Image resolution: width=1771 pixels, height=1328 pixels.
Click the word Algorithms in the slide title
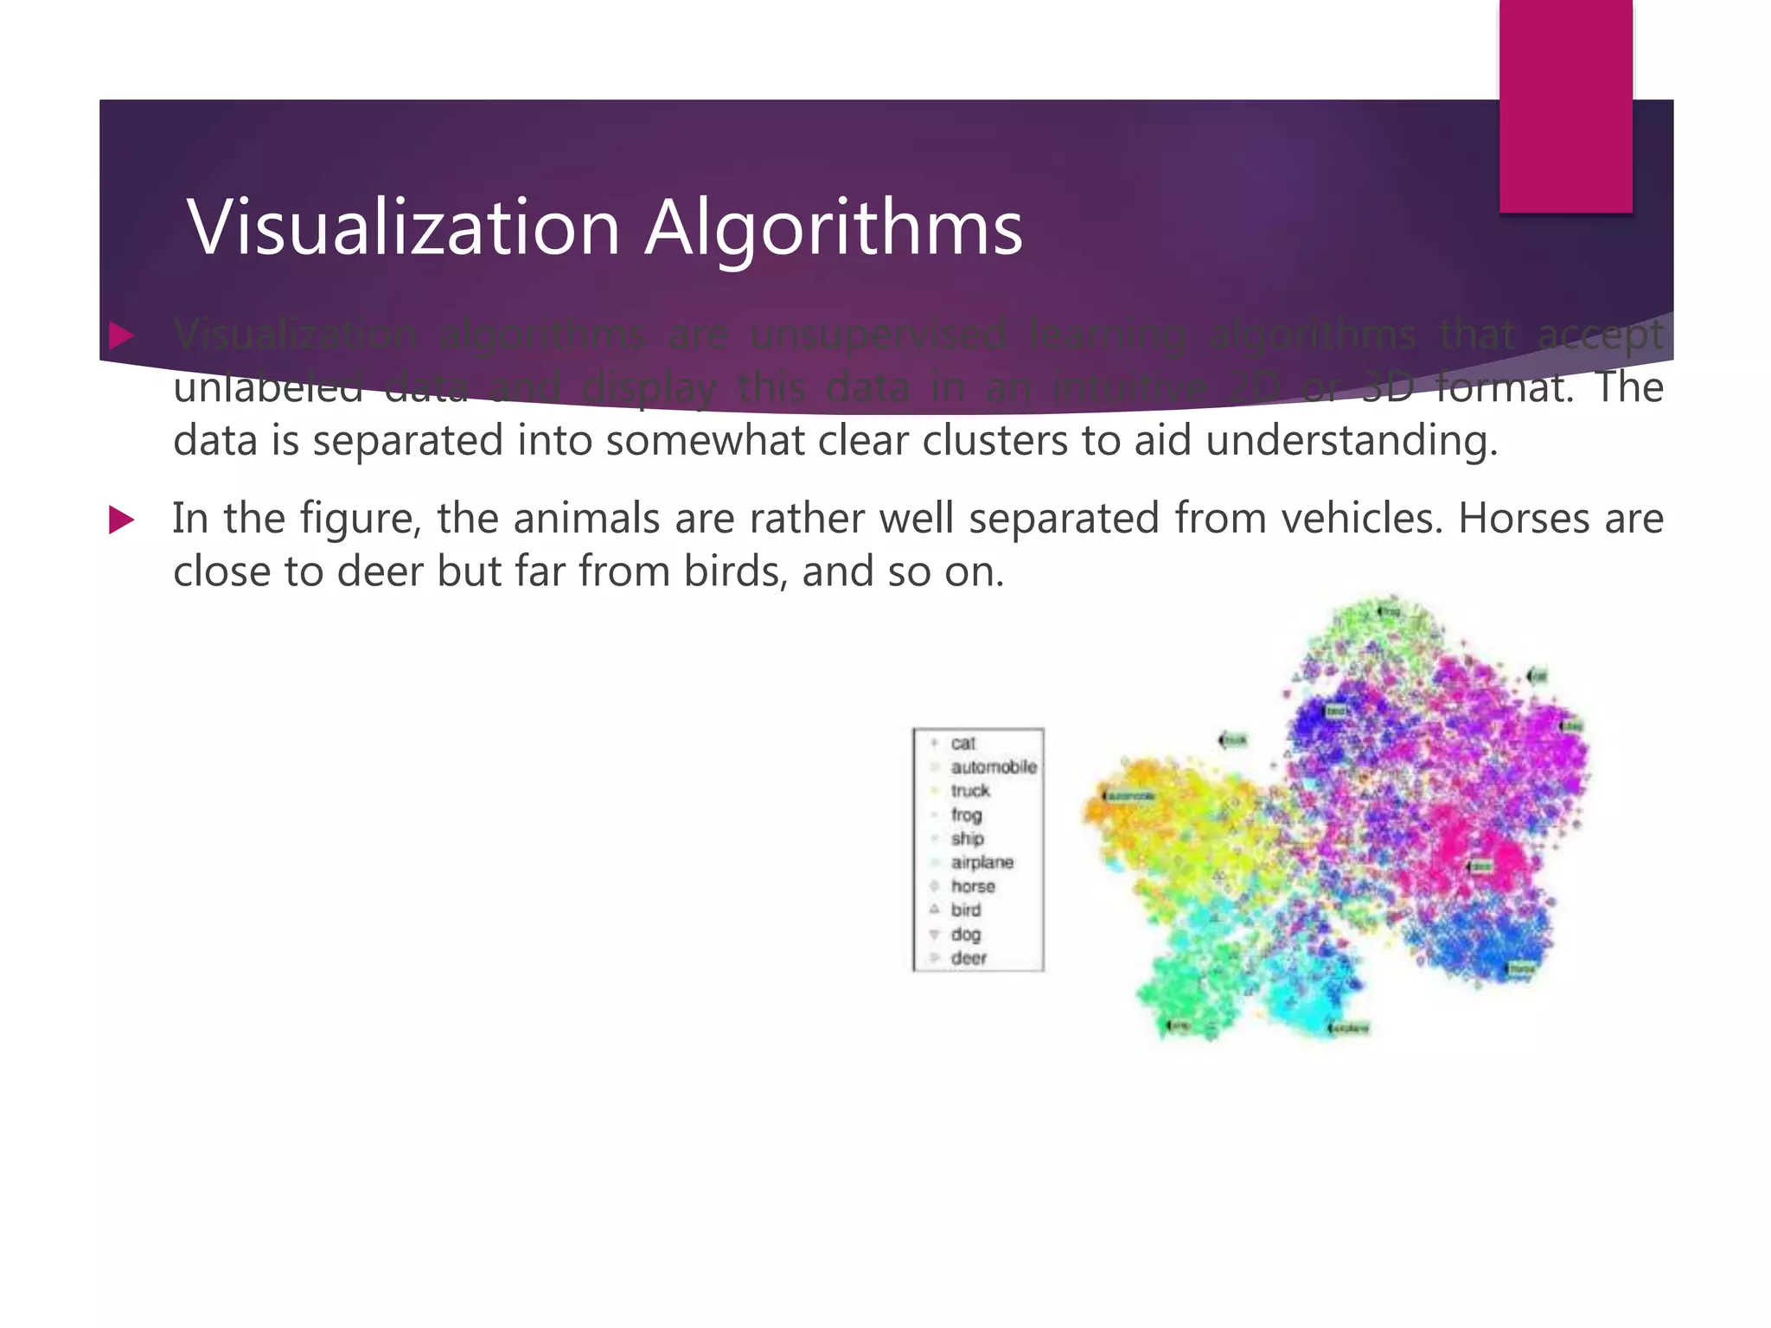coord(834,228)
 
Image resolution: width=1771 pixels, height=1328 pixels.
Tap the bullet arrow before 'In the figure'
coord(122,520)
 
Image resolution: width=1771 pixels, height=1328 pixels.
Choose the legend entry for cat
coord(962,744)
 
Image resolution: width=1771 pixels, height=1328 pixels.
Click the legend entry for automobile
coord(993,767)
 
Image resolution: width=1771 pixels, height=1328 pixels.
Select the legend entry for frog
coord(966,814)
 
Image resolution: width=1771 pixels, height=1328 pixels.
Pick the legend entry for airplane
coord(981,862)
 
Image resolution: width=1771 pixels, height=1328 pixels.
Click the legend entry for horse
coord(973,886)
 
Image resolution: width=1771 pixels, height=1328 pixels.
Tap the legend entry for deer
coord(969,958)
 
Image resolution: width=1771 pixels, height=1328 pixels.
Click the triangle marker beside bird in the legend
coord(934,910)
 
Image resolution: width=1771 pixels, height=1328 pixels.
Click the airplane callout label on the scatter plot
coord(1349,1029)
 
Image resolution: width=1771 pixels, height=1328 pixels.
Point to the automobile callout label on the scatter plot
coord(1128,795)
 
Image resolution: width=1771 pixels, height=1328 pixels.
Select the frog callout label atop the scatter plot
coord(1389,611)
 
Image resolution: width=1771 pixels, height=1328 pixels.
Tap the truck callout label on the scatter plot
coord(1234,740)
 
